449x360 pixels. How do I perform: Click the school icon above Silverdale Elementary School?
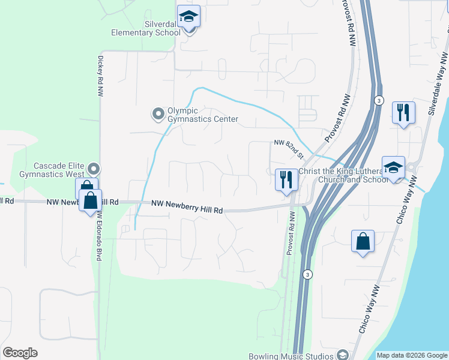pyautogui.click(x=188, y=17)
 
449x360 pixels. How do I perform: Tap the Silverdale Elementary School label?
pyautogui.click(x=145, y=28)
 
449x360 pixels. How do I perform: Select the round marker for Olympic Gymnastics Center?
pyautogui.click(x=158, y=113)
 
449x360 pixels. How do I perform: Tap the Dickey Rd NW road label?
pyautogui.click(x=100, y=77)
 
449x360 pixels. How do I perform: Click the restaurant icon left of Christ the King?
pyautogui.click(x=286, y=179)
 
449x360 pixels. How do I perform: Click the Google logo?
pyautogui.click(x=20, y=353)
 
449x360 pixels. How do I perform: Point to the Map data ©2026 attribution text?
pyautogui.click(x=411, y=355)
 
